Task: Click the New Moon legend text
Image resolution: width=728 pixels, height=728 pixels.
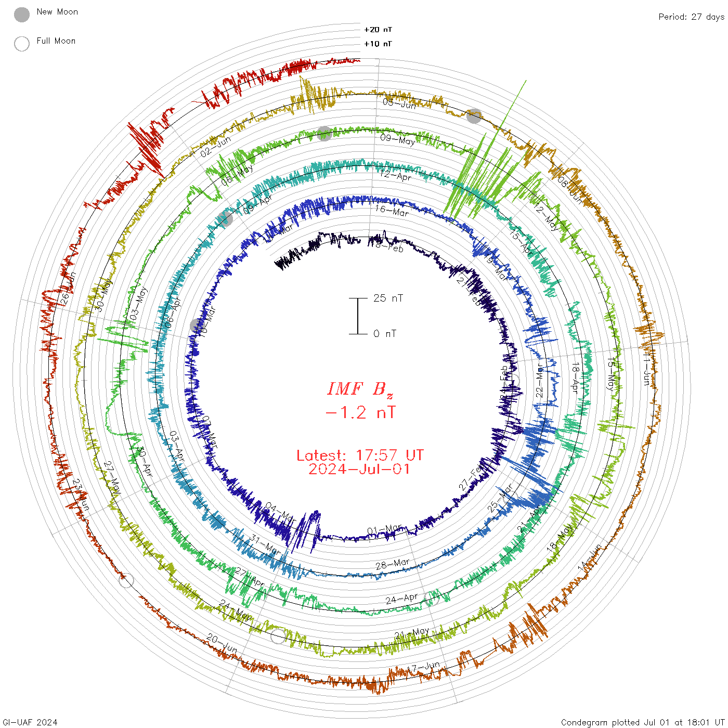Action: point(57,12)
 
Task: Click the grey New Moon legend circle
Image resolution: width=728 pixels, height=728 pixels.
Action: point(22,15)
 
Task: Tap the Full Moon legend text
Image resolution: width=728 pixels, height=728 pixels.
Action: point(56,41)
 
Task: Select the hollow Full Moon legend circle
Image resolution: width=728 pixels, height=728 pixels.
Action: point(22,44)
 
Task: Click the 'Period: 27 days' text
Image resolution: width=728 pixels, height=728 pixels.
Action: point(691,17)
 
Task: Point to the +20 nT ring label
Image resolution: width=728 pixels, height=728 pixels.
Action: point(378,30)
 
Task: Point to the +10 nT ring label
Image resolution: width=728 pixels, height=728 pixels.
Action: point(378,44)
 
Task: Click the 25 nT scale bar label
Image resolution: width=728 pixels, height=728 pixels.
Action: point(388,298)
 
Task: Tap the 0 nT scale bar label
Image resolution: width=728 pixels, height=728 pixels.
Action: point(385,334)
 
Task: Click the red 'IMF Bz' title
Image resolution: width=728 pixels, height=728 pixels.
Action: point(360,389)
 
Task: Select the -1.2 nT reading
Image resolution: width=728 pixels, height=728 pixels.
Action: point(360,413)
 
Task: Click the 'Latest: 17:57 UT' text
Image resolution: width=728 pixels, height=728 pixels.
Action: point(360,456)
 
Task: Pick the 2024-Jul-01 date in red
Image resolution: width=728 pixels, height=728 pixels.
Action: point(360,469)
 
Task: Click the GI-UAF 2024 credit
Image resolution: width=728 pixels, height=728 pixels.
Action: point(30,722)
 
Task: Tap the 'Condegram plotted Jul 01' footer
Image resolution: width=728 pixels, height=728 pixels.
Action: point(643,722)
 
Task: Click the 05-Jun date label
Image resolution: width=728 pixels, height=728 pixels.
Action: point(399,103)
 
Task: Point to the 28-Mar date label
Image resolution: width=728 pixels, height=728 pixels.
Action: point(393,564)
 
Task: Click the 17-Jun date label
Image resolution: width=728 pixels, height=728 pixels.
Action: point(423,667)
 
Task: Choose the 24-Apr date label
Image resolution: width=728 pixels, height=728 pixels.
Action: point(401,599)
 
